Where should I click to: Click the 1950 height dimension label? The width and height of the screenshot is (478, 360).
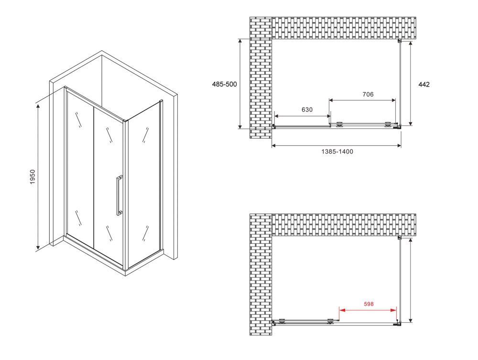click(x=33, y=176)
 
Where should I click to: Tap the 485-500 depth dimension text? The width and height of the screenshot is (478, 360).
click(x=224, y=84)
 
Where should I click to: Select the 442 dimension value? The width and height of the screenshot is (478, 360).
click(x=424, y=85)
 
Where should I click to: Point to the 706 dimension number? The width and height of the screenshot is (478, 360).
click(x=368, y=95)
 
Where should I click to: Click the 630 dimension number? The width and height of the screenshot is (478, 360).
click(x=307, y=110)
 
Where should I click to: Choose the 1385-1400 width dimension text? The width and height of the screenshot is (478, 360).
click(x=337, y=152)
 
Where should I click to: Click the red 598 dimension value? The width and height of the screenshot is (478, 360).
click(x=369, y=304)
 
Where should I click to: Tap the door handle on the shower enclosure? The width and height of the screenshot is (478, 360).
click(x=119, y=196)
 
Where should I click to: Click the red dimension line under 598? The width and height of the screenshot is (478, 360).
click(x=368, y=310)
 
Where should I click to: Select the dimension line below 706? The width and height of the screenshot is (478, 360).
click(x=362, y=100)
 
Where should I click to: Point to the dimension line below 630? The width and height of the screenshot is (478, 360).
click(x=303, y=116)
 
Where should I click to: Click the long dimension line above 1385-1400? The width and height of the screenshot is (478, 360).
click(x=336, y=146)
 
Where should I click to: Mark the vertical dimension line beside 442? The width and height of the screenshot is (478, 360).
click(x=411, y=84)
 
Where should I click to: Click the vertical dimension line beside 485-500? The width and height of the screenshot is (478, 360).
click(x=240, y=84)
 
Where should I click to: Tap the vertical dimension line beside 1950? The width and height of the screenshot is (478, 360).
click(x=38, y=176)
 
